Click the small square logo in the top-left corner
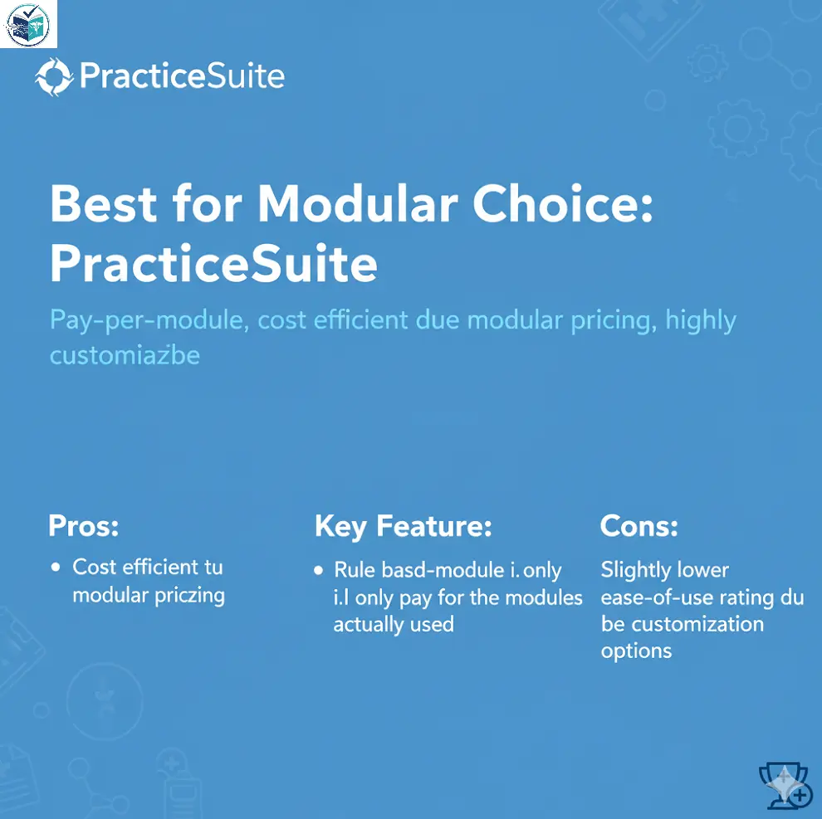pyautogui.click(x=28, y=24)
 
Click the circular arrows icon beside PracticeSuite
pyautogui.click(x=53, y=78)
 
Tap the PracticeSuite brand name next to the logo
pyautogui.click(x=182, y=78)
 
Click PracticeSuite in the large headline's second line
pyautogui.click(x=213, y=265)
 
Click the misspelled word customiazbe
pyautogui.click(x=125, y=356)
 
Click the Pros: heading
pyautogui.click(x=84, y=526)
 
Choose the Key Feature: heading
pyautogui.click(x=404, y=526)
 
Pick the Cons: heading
pyautogui.click(x=639, y=526)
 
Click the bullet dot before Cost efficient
pyautogui.click(x=56, y=568)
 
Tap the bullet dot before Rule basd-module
pyautogui.click(x=319, y=571)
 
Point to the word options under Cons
pyautogui.click(x=636, y=651)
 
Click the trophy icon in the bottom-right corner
pyautogui.click(x=785, y=785)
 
